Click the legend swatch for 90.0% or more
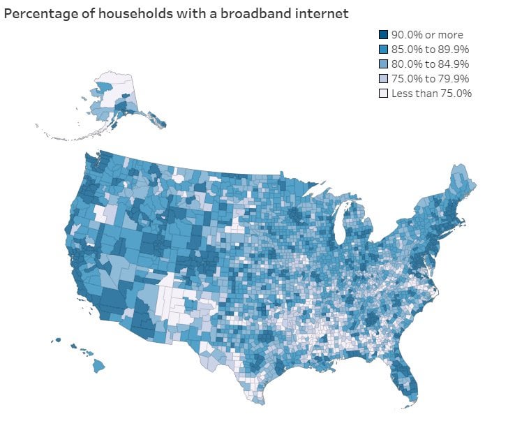(x=383, y=35)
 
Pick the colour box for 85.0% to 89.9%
(x=383, y=50)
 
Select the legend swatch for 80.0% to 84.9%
(x=383, y=64)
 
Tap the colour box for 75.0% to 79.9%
(x=383, y=79)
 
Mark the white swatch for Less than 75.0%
(x=383, y=94)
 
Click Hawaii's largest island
(x=99, y=365)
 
